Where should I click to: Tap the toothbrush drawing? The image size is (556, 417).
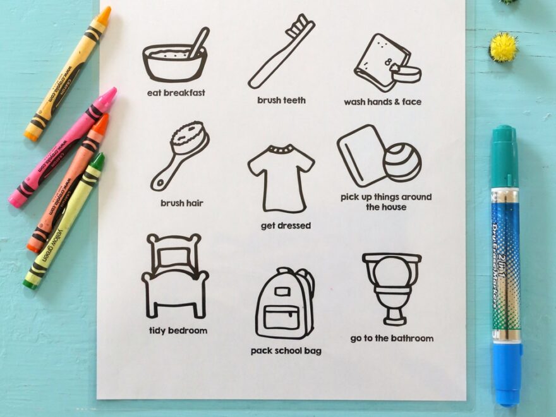click(x=282, y=51)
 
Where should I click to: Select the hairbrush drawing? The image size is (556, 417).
click(x=180, y=156)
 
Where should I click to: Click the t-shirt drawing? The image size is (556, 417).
click(x=281, y=178)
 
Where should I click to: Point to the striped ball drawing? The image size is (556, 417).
click(x=402, y=162)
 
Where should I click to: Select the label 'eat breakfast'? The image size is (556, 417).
click(x=176, y=93)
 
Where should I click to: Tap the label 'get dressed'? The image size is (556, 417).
click(x=286, y=226)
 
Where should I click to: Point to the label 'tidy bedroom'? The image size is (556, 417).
click(x=178, y=330)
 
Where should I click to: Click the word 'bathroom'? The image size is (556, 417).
click(x=413, y=338)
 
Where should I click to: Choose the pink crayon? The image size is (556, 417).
click(x=63, y=147)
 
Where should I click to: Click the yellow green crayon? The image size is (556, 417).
click(x=64, y=221)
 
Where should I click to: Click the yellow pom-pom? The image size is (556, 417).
click(x=504, y=47)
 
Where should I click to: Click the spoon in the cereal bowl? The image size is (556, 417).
click(x=198, y=42)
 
